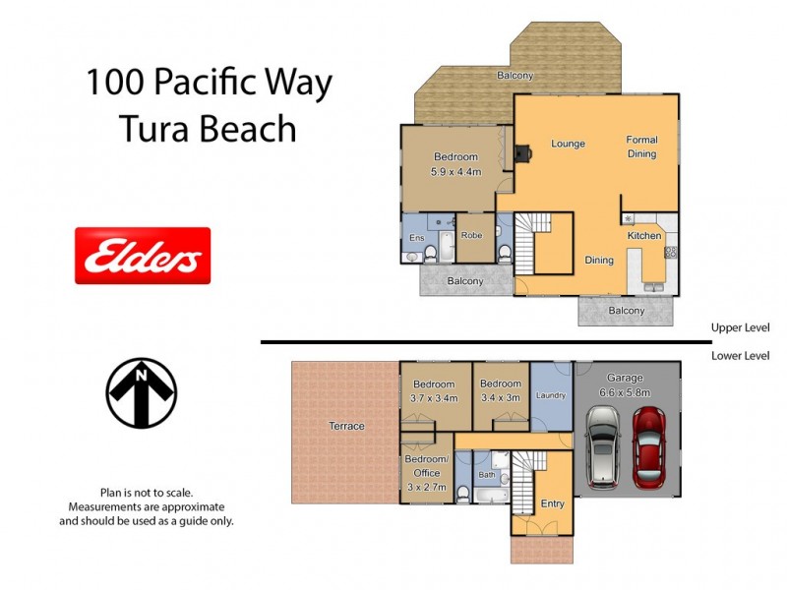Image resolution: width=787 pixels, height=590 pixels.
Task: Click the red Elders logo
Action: click(143, 256)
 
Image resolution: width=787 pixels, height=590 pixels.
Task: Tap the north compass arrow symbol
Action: click(142, 393)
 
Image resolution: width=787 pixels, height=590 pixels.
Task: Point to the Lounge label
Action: click(568, 144)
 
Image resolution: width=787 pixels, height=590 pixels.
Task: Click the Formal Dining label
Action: click(641, 147)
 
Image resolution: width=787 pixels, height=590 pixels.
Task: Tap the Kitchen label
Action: click(644, 236)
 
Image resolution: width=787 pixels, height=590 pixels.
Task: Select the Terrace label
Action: click(346, 426)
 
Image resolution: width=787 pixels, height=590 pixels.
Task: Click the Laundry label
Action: click(550, 396)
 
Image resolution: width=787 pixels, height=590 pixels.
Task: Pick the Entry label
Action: click(552, 503)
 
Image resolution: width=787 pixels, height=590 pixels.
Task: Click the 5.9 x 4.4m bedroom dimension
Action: click(455, 171)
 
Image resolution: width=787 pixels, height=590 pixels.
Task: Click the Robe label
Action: click(472, 236)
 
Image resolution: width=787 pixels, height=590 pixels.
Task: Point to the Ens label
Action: click(417, 237)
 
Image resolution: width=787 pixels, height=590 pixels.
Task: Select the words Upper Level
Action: click(740, 327)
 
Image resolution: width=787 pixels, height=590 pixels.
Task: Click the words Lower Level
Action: click(740, 356)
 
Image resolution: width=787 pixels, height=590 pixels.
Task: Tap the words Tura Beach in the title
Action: click(208, 128)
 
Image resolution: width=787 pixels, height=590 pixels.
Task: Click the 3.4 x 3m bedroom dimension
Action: click(500, 398)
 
